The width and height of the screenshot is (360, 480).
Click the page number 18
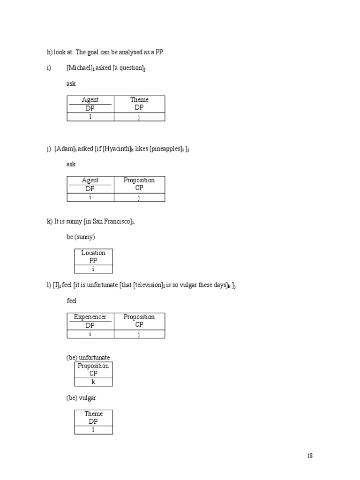[x=310, y=456]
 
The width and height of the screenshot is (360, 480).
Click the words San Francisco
[x=111, y=221]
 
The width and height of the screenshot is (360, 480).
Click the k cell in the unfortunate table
[x=93, y=382]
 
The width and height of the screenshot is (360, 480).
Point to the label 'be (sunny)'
[x=81, y=237]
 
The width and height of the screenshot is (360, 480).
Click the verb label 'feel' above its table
[x=71, y=300]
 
